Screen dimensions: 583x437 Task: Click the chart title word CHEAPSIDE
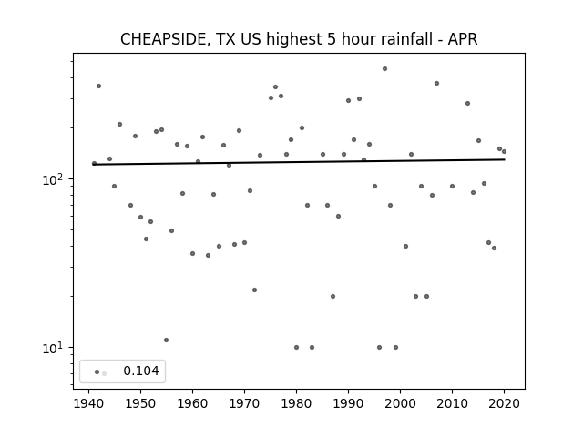[x=164, y=39]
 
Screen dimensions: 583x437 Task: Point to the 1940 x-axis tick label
[x=89, y=403]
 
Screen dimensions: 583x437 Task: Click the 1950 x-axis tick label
[x=140, y=403]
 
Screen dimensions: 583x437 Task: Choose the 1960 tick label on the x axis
[x=192, y=403]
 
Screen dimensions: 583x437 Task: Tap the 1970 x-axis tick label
[x=244, y=403]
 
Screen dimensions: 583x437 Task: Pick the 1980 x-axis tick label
[x=296, y=403]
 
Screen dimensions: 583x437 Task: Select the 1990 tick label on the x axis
[x=348, y=403]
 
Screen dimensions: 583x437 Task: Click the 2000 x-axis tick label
[x=400, y=403]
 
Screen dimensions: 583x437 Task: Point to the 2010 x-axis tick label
[x=452, y=403]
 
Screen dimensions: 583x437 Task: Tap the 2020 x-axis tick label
[x=504, y=403]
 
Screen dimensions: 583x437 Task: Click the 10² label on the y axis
[x=54, y=180]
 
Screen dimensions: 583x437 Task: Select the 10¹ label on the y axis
[x=54, y=348]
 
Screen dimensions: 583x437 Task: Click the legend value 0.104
[x=141, y=371]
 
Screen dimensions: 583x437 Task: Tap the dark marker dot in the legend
[x=97, y=371]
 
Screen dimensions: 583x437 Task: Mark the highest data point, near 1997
[x=384, y=69]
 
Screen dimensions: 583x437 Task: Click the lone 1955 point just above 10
[x=166, y=340]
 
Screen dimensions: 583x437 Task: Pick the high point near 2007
[x=437, y=83]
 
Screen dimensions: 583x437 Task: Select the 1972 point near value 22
[x=254, y=290]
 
